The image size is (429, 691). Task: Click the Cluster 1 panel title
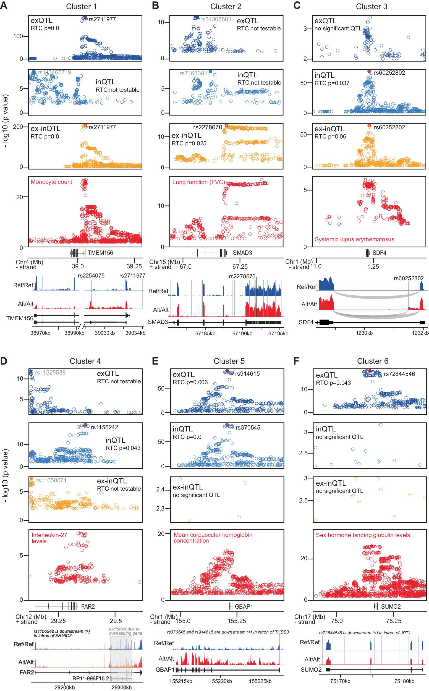pos(81,6)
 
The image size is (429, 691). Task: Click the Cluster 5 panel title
pos(229,361)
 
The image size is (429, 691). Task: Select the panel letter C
pos(297,5)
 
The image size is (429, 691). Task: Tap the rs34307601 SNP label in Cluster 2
pos(216,19)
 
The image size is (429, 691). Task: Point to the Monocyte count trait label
pos(51,182)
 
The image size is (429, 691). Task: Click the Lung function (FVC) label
pos(199,182)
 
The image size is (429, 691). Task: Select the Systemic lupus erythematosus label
pos(354,239)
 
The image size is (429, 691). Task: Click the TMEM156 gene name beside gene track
pos(100,253)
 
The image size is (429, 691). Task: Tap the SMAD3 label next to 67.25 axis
pos(242,253)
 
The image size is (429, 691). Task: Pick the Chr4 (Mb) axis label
pos(30,262)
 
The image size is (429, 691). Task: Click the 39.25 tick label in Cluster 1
pos(134,266)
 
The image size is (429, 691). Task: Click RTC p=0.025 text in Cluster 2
pos(189,143)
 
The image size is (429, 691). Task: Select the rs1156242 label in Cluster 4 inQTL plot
pos(104,427)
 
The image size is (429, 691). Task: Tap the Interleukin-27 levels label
pos(49,538)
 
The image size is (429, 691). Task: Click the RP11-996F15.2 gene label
pos(90,678)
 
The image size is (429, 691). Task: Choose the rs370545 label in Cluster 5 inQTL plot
pos(248,428)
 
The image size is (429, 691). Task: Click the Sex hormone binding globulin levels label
pos(363,535)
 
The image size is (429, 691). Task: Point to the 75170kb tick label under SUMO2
pos(340,681)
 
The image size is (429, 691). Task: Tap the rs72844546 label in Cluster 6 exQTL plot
pos(399,374)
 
